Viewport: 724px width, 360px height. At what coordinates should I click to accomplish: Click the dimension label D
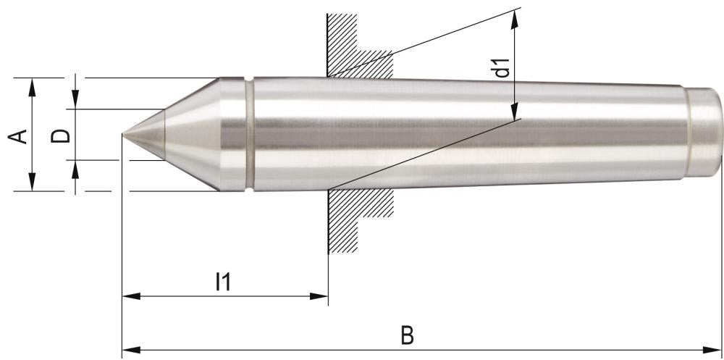tap(63, 135)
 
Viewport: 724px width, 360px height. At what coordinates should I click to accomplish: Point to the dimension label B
tap(408, 336)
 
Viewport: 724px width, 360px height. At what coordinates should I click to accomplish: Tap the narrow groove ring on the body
tap(249, 135)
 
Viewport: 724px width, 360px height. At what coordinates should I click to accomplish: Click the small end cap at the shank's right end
tap(704, 134)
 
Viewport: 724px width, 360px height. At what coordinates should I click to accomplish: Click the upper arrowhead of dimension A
tap(32, 84)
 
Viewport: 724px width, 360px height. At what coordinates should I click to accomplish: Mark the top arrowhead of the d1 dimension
tap(514, 17)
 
